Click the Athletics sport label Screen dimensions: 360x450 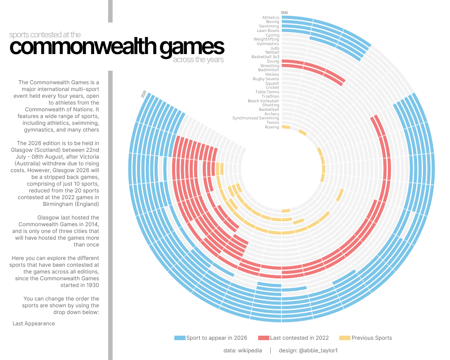271,18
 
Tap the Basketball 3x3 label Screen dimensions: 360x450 265,57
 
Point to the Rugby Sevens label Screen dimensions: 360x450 266,79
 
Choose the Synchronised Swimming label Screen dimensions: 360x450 255,118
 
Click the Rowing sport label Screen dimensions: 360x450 272,127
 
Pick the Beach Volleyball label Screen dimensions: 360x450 264,101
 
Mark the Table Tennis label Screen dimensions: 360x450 267,92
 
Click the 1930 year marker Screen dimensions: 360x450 284,13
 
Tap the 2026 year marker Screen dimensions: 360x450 144,94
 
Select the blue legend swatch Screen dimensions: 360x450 180,338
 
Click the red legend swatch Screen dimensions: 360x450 264,338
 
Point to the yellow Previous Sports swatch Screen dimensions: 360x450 345,338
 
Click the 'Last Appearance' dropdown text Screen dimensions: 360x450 34,324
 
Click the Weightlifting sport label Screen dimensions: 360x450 266,39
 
